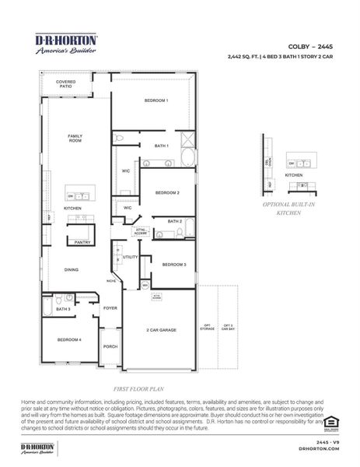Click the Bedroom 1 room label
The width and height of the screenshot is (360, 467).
coord(156,100)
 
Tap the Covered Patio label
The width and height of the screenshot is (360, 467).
coord(65,83)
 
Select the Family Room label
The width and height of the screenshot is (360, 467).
coord(75,138)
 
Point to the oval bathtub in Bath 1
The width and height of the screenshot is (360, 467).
coord(188,159)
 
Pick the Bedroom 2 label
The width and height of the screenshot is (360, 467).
coord(167,191)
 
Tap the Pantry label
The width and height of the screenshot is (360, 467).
coord(82,242)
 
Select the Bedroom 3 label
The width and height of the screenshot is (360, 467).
coord(173,265)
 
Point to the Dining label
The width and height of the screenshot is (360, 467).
coord(72,269)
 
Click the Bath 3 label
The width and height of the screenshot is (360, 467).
coord(63,309)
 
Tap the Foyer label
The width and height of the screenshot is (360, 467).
coord(110,307)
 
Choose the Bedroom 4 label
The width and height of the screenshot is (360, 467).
coord(68,339)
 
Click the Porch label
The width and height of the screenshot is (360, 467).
coord(110,346)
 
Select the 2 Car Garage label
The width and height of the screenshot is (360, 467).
coord(162,329)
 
